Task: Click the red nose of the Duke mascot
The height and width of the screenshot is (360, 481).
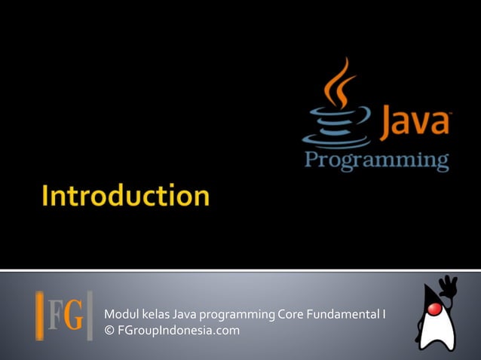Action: pos(434,310)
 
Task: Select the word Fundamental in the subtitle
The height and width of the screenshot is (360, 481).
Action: pos(343,314)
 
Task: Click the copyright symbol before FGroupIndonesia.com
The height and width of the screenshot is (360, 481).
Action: pos(109,330)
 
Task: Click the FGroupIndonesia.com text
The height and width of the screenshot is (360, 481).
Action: pos(178,330)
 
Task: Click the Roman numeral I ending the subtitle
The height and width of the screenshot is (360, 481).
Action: pos(384,314)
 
